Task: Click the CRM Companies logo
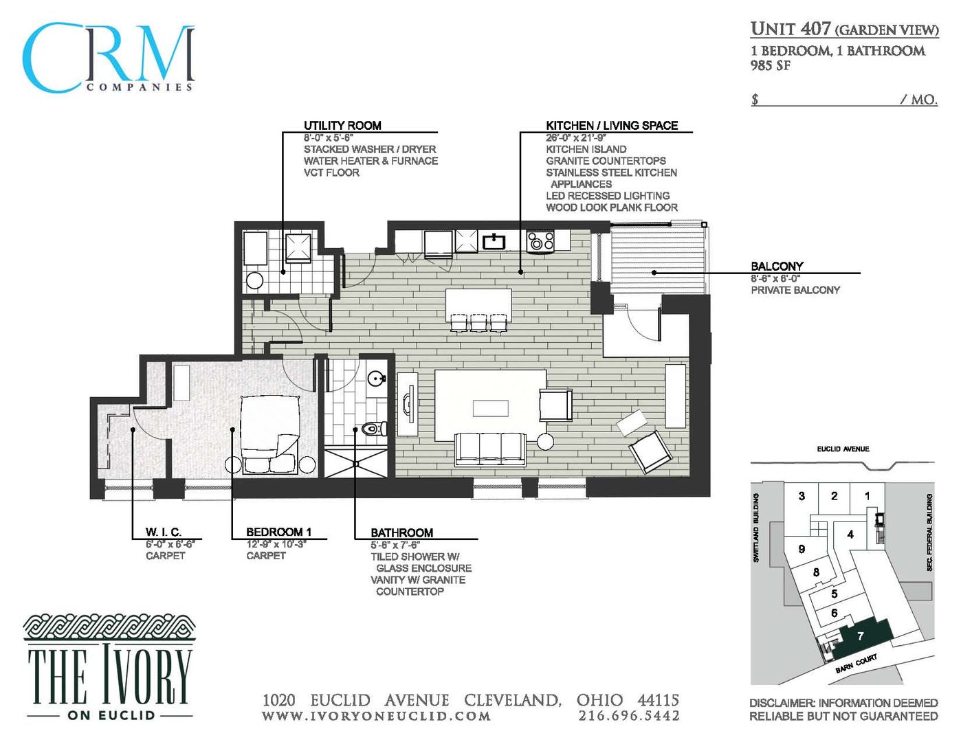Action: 109,58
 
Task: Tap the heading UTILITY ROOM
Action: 342,125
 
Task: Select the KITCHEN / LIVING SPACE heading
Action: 612,125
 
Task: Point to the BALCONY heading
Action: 777,266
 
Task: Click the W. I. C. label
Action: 164,532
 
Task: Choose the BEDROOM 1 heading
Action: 278,532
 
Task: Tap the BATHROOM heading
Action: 401,532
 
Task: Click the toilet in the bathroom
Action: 373,429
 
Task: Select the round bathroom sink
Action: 376,379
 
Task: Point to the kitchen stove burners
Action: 540,241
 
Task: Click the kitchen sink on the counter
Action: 494,241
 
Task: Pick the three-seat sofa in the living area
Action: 491,449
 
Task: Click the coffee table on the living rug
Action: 490,409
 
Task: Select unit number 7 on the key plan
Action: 860,636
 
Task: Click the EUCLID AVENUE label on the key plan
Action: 843,449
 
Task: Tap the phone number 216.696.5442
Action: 629,716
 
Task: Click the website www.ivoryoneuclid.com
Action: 376,716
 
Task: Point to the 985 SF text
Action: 770,66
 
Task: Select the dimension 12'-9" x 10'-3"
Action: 276,544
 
